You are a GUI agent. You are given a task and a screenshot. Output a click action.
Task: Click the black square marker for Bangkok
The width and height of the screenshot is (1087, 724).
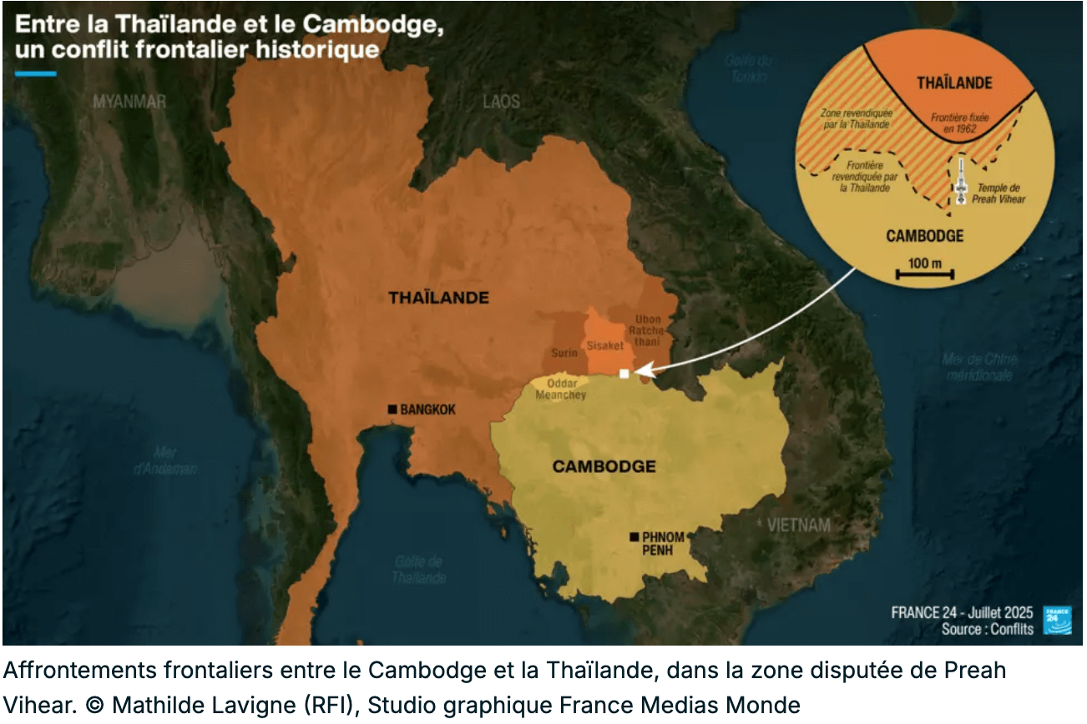point(392,409)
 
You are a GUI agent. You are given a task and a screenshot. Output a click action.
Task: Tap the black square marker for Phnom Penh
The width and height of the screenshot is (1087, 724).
point(635,535)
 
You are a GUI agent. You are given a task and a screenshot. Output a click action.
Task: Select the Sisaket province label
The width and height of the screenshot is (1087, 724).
point(605,344)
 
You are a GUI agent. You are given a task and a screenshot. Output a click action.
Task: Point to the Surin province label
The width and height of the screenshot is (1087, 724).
point(564,354)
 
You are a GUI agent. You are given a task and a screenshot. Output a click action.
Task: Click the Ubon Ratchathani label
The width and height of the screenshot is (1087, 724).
point(649,330)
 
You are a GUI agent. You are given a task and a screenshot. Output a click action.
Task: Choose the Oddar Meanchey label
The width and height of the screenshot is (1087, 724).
point(560,390)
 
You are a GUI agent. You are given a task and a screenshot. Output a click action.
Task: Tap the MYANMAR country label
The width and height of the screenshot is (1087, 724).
point(129,102)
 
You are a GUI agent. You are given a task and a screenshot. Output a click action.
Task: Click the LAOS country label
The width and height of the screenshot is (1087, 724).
point(501,102)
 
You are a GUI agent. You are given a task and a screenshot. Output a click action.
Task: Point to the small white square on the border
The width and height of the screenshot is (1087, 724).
point(624,374)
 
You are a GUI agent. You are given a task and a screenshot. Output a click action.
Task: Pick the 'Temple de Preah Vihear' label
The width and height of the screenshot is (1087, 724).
point(999,194)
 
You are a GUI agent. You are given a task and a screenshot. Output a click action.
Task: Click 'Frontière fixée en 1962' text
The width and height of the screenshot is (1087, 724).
point(960,123)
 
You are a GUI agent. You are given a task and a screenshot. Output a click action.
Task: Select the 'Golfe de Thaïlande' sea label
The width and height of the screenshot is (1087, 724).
point(417,570)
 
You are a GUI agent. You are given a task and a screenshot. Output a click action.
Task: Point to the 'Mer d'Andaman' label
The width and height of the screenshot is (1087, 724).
point(165,460)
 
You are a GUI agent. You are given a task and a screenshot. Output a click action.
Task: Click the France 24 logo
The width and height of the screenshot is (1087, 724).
point(1057,620)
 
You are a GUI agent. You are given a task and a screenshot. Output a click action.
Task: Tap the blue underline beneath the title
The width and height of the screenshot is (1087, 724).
point(36,73)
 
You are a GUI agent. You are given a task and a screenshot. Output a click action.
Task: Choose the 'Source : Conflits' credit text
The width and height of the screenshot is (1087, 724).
point(987,629)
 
